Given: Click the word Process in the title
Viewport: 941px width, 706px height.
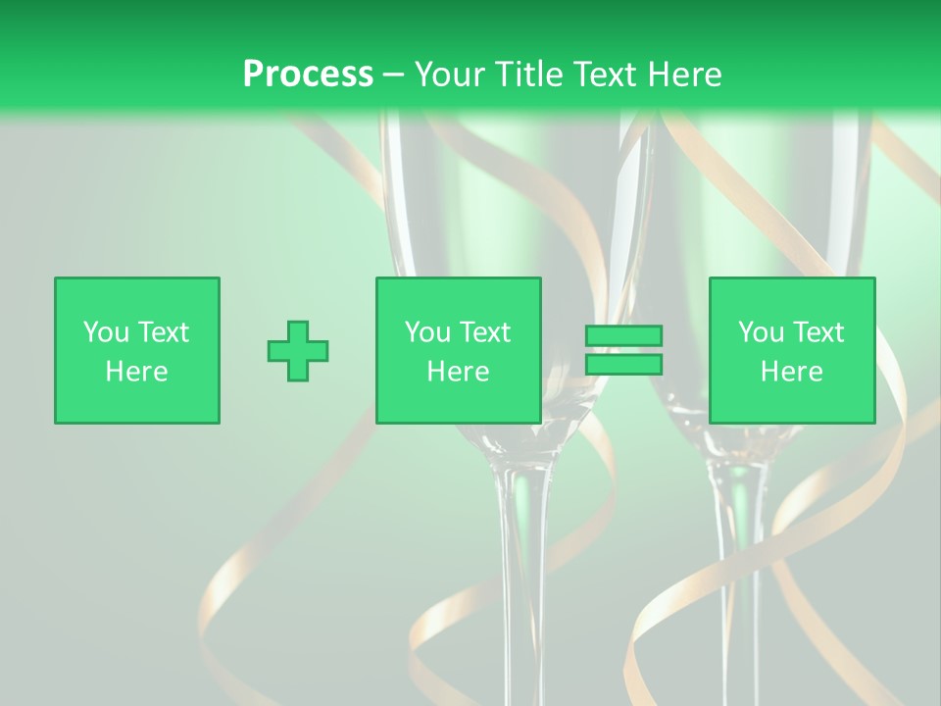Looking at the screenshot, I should [x=308, y=75].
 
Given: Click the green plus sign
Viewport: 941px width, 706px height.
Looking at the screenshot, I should [x=298, y=351].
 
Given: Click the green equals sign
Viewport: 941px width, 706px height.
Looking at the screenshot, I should [x=623, y=350].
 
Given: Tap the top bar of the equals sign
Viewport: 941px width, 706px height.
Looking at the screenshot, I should [x=623, y=336].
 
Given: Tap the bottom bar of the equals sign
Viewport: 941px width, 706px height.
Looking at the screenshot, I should [x=623, y=364].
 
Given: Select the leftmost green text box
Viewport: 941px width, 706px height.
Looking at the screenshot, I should [x=137, y=350].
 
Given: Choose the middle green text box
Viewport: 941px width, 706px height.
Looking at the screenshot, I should [x=458, y=350].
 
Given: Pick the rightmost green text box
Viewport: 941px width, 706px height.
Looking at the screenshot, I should [x=792, y=350].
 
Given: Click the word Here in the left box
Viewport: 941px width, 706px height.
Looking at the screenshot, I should [x=137, y=372].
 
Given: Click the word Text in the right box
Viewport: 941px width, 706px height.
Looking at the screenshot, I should [x=818, y=332].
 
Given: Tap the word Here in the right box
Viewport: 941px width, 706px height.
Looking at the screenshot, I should [x=792, y=372].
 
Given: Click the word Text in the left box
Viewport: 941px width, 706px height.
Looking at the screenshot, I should [x=164, y=332].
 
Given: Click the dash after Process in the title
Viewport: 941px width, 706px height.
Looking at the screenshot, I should [x=393, y=76].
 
